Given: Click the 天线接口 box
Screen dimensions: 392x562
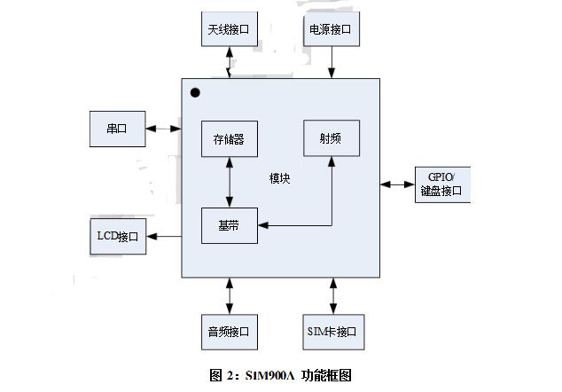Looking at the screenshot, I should tap(230, 29).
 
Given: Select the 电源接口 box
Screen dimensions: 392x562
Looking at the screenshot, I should tap(332, 29).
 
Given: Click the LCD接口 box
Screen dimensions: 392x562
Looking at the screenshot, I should tap(118, 236).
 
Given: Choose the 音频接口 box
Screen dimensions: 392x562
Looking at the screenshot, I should tap(230, 332).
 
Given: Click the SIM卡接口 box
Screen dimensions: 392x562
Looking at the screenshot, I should tap(333, 332).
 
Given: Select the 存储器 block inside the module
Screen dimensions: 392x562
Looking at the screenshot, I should tap(230, 139).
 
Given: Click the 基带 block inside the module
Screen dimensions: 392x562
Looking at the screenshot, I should tap(230, 224).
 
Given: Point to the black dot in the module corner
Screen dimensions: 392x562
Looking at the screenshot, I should tap(195, 92).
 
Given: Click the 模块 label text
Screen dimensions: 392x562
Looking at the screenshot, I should tap(280, 179).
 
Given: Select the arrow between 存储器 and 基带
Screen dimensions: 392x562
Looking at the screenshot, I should tap(230, 182).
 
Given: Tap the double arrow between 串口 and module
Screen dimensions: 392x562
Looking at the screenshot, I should tap(164, 129).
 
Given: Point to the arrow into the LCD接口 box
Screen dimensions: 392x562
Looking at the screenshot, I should tap(164, 236).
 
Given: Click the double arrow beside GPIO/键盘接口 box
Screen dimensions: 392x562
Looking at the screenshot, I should tap(397, 184).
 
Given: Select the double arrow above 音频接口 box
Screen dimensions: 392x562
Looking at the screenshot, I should tap(230, 295).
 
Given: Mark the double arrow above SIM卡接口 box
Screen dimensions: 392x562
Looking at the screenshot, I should tap(333, 295).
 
